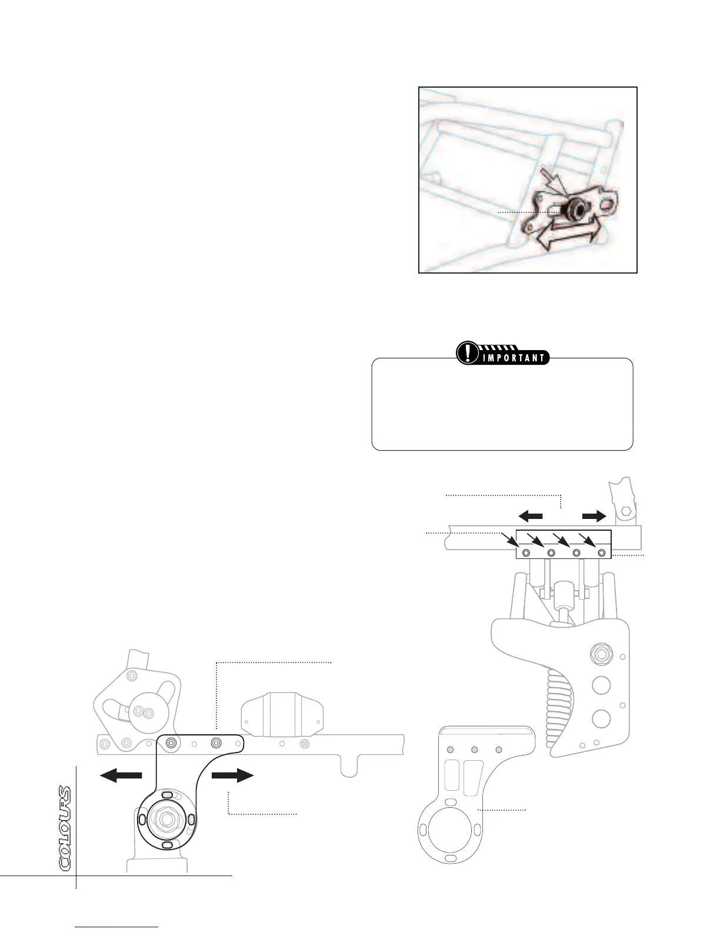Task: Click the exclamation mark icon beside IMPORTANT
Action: (x=468, y=353)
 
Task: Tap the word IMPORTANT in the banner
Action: (x=514, y=358)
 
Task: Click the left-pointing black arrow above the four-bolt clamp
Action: (x=531, y=516)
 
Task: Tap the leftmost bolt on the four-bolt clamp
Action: (x=526, y=553)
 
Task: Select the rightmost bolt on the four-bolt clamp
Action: (x=601, y=553)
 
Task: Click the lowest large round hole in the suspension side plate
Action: (x=601, y=718)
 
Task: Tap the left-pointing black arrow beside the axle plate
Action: (x=121, y=775)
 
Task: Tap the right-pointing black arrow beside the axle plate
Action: (x=232, y=775)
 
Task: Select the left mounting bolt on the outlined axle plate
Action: (x=171, y=743)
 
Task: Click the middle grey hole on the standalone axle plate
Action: (x=474, y=750)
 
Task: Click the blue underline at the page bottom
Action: (x=117, y=928)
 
